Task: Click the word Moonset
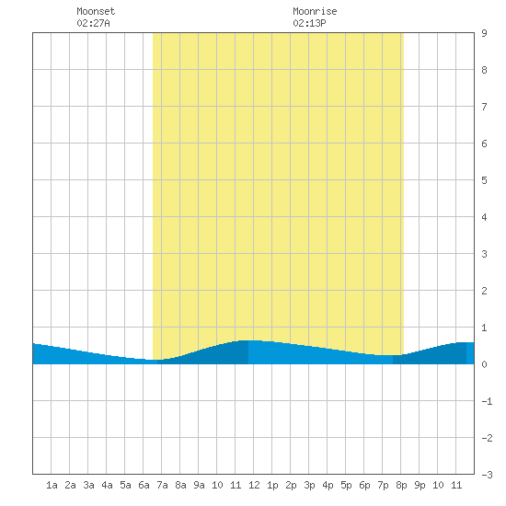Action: click(96, 11)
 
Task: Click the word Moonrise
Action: click(315, 11)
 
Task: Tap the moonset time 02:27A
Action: click(93, 23)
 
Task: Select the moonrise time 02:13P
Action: click(309, 23)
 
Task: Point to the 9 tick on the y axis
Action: click(484, 33)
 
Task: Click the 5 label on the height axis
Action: click(484, 180)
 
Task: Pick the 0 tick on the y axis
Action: click(484, 364)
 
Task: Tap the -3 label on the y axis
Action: click(487, 475)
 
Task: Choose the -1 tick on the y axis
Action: click(487, 401)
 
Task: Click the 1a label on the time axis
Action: click(52, 485)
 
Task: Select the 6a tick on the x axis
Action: click(144, 485)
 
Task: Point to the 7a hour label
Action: click(162, 485)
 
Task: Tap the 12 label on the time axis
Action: click(254, 485)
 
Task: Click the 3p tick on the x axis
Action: click(309, 485)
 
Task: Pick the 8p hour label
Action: click(401, 485)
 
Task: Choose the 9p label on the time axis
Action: click(420, 485)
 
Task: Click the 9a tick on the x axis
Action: click(199, 485)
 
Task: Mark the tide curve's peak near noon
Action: click(248, 340)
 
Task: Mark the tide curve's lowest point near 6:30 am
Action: click(153, 360)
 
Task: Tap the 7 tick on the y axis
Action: click(484, 107)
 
